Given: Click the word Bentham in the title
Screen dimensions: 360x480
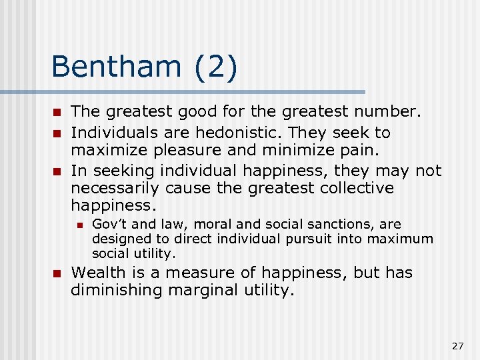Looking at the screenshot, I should tap(115, 67).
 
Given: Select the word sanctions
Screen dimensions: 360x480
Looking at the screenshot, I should tap(347, 224).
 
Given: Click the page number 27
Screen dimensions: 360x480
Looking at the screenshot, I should tap(457, 345).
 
